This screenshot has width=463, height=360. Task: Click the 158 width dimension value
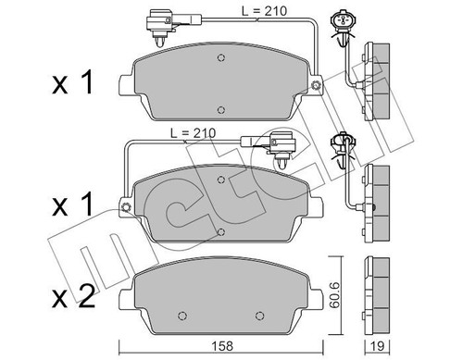(x=222, y=346)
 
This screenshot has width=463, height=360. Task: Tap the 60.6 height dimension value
(x=334, y=294)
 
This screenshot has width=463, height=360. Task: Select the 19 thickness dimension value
(x=377, y=346)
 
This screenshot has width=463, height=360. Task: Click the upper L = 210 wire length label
(x=264, y=11)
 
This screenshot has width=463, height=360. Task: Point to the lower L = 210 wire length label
(x=194, y=133)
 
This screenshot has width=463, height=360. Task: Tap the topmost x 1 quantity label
(x=72, y=82)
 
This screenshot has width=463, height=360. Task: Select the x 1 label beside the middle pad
(x=72, y=204)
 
